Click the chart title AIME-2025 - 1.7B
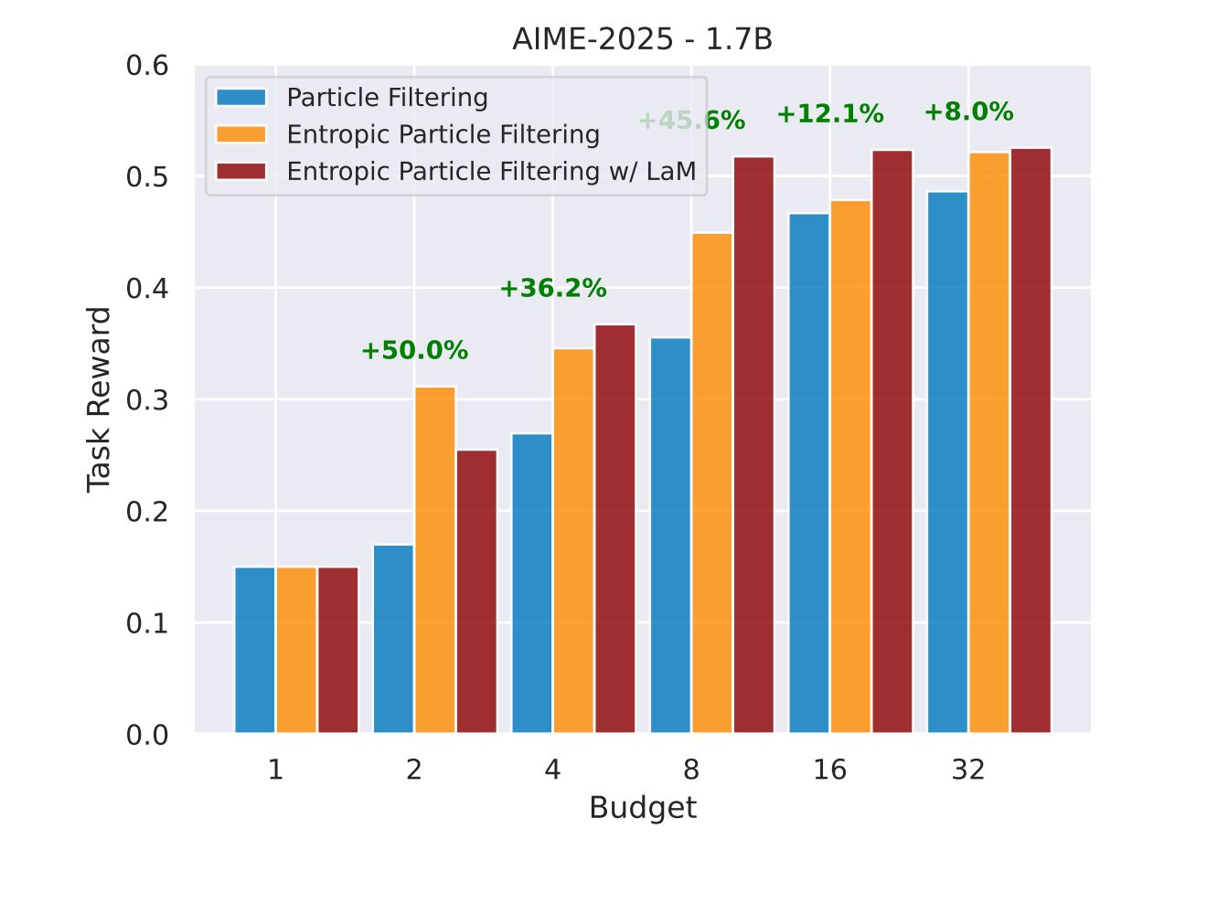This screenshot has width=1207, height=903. click(x=642, y=40)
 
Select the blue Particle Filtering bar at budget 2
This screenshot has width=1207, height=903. click(x=393, y=639)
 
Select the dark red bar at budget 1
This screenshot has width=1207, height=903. click(x=338, y=650)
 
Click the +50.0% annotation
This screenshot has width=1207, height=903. click(x=414, y=351)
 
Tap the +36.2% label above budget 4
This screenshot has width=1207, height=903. click(x=552, y=289)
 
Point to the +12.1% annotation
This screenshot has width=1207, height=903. click(x=830, y=114)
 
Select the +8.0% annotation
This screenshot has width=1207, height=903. click(x=968, y=112)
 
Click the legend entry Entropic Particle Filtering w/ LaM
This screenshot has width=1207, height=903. click(x=491, y=172)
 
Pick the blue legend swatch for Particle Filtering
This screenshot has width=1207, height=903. click(x=241, y=98)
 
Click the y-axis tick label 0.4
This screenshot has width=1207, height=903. click(x=147, y=289)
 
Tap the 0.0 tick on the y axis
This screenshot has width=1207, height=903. click(x=147, y=735)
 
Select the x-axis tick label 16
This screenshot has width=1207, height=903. click(x=829, y=770)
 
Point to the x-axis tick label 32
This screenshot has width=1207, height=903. click(x=968, y=770)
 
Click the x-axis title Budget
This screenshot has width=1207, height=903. click(x=642, y=808)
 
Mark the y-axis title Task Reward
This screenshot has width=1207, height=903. click(x=99, y=399)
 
